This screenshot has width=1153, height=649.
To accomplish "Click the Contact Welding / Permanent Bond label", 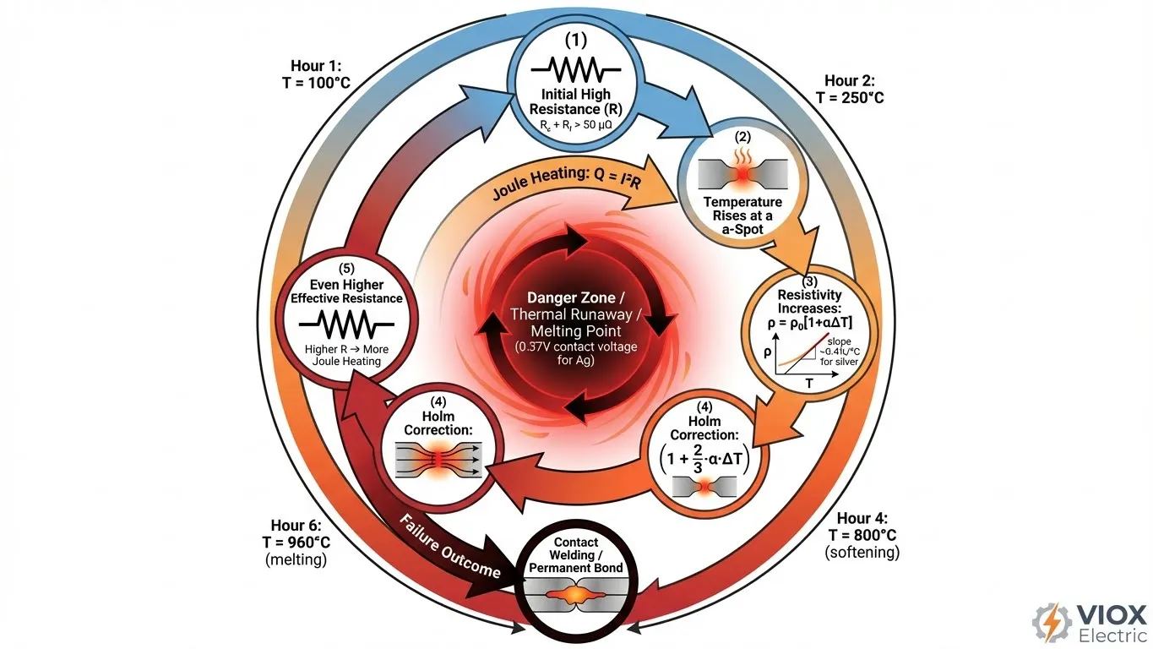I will pyautogui.click(x=577, y=554).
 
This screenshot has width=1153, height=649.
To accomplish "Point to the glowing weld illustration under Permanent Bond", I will pyautogui.click(x=577, y=596).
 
